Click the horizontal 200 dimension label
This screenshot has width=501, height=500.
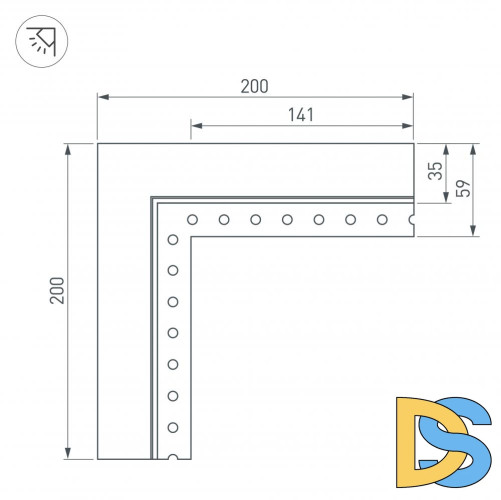click(x=254, y=86)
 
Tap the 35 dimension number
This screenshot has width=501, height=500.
click(x=434, y=171)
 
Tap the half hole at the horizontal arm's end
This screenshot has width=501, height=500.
click(x=411, y=219)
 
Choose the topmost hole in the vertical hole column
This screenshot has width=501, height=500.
click(x=173, y=239)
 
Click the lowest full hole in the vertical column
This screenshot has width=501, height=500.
click(x=173, y=427)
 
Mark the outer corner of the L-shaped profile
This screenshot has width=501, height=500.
click(x=97, y=144)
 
